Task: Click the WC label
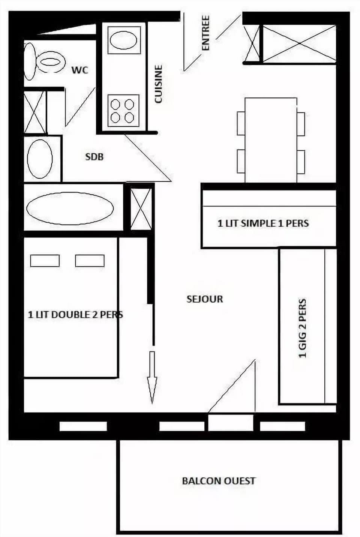[80, 70]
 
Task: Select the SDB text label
[94, 157]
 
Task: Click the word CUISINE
[159, 84]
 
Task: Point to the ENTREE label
[205, 33]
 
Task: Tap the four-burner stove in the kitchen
[123, 111]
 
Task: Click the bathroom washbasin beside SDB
[40, 159]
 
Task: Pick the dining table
[271, 141]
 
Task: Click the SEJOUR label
[205, 299]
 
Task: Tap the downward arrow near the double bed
[152, 377]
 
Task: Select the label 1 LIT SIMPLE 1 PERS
[263, 223]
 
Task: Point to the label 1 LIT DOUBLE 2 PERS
[75, 315]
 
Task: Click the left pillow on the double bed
[45, 260]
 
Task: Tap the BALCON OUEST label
[219, 481]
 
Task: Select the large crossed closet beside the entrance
[299, 43]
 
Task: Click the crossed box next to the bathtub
[141, 209]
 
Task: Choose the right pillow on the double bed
[90, 260]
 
